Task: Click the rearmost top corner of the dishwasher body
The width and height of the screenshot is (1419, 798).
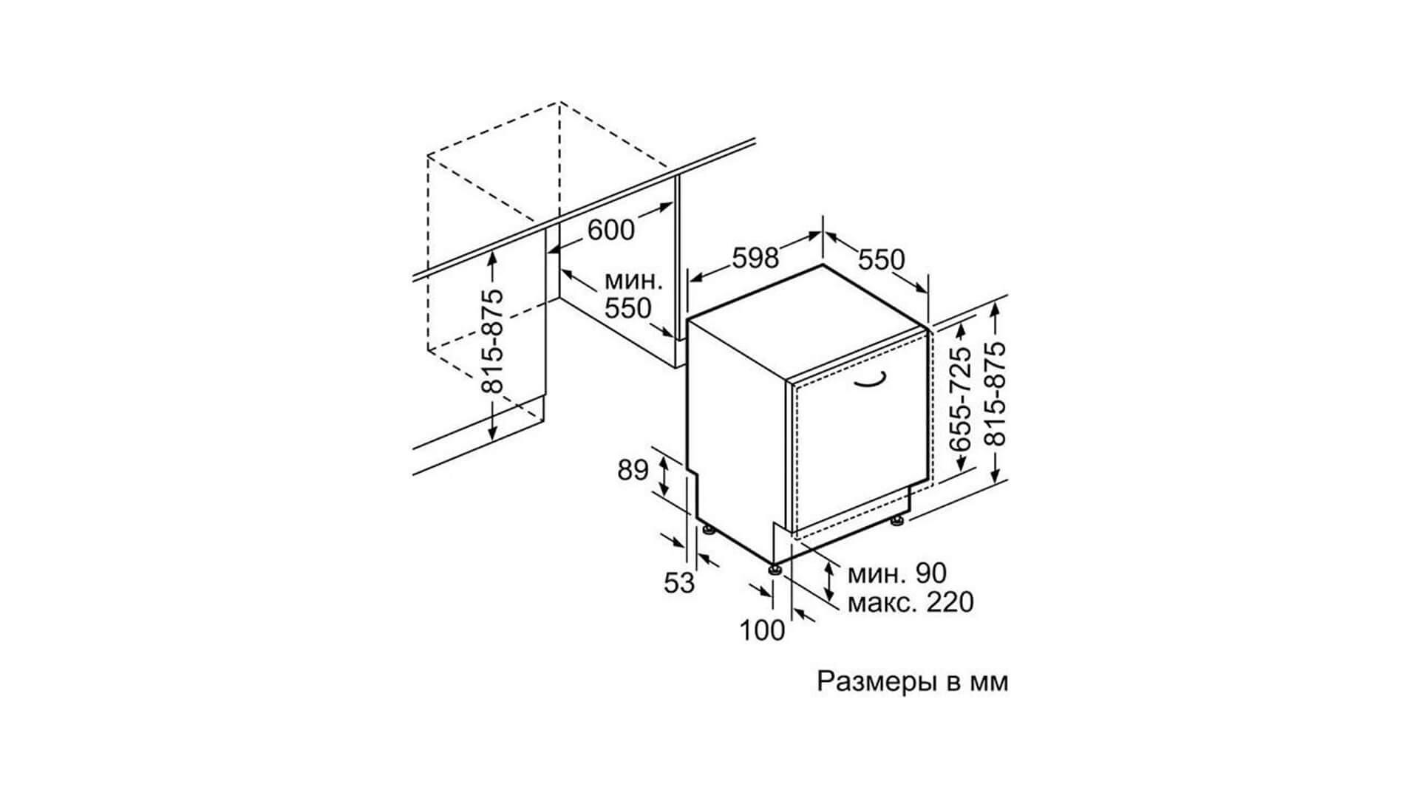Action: coord(823,265)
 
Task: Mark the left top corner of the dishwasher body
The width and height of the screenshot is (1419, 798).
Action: coord(688,320)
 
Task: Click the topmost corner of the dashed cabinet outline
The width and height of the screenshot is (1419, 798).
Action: coord(559,102)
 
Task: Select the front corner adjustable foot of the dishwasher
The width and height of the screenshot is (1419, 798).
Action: coord(775,569)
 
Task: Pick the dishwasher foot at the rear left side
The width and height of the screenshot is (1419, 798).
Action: coord(708,529)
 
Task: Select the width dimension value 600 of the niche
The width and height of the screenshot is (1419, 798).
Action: coord(611,230)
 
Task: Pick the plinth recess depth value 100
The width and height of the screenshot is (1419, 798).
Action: coord(762,630)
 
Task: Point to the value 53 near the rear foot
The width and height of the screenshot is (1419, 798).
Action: coord(679,583)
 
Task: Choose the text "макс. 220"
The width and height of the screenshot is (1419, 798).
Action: coord(910,602)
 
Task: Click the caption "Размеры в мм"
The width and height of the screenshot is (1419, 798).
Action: coord(912,681)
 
